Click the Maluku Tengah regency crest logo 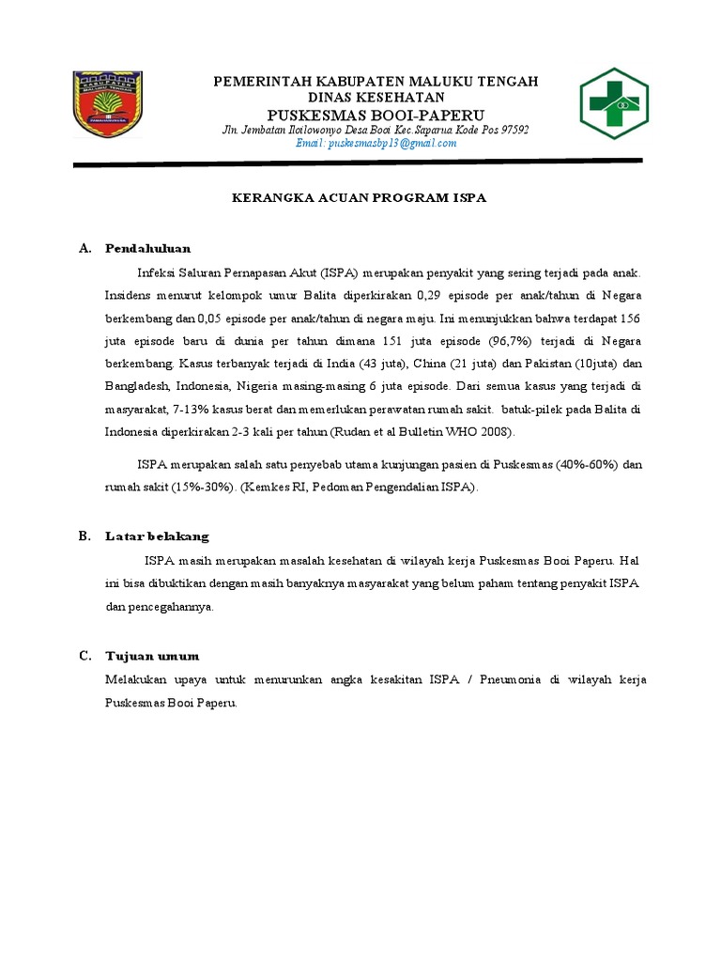point(108,104)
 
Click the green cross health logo point(613,102)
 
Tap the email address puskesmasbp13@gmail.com point(376,144)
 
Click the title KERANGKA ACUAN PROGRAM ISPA point(360,199)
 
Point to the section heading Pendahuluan point(148,249)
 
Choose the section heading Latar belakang point(157,536)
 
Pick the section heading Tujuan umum point(152,656)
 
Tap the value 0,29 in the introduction point(430,295)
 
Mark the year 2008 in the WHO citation point(497,432)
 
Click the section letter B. point(84,536)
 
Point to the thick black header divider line point(357,163)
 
